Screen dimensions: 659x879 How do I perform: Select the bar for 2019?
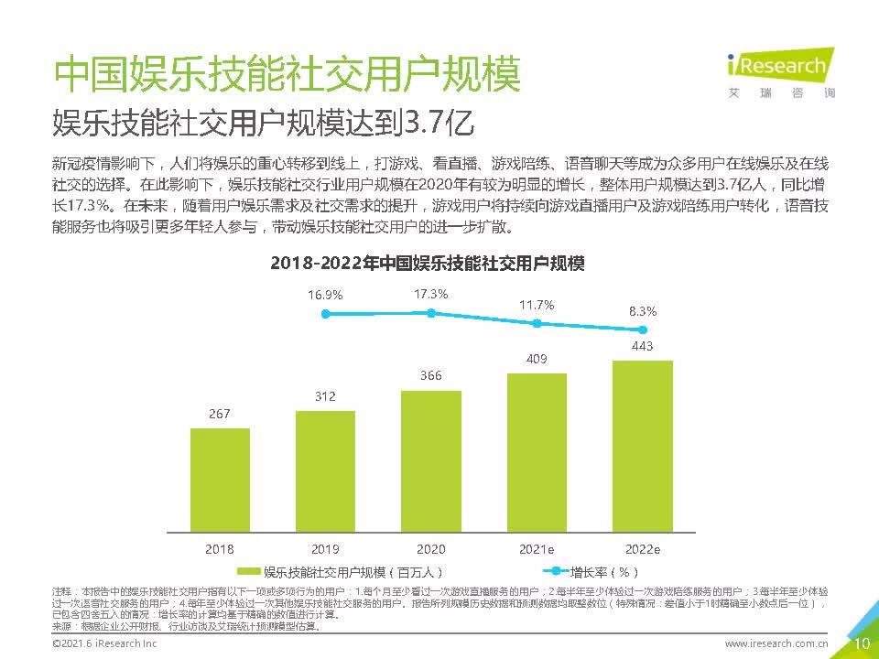pos(325,471)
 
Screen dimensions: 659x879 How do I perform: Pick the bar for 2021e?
pos(537,451)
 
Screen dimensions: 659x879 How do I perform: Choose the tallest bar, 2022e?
pos(642,446)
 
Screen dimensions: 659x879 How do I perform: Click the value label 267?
pos(220,414)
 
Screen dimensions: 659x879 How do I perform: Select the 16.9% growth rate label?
pos(325,295)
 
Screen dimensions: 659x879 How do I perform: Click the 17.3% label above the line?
pos(430,294)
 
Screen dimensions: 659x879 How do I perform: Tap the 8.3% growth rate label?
pos(642,311)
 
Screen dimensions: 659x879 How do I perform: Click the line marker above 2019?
pos(325,314)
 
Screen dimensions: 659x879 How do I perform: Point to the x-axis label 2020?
pos(430,549)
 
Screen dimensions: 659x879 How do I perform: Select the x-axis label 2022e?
pos(642,549)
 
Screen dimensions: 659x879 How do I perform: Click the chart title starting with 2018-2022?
pos(427,263)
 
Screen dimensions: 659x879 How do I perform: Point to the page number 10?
pos(861,643)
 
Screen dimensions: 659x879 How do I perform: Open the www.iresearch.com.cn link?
pos(776,644)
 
